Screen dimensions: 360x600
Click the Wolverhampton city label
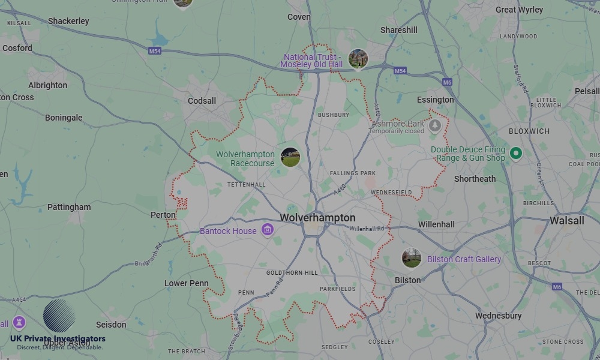(x=317, y=218)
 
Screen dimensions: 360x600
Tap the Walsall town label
(x=566, y=220)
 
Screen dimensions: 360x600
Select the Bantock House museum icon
(x=268, y=230)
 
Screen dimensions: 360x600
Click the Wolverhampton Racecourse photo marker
(x=290, y=157)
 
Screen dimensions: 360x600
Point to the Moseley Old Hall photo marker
(x=358, y=59)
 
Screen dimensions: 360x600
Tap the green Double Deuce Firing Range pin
(x=515, y=154)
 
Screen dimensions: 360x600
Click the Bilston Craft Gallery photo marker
(x=411, y=259)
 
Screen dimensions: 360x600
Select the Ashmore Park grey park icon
(x=435, y=126)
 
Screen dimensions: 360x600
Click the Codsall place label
(x=202, y=101)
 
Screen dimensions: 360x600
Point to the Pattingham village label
(x=69, y=207)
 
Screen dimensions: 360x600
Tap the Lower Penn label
(x=187, y=283)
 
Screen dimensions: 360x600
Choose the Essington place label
(x=436, y=100)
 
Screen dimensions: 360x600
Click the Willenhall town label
(x=436, y=224)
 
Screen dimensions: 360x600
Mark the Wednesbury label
(x=498, y=316)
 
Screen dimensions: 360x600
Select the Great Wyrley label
(x=519, y=10)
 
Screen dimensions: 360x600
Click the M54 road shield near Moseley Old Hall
(x=400, y=71)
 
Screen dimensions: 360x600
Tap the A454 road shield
(x=18, y=299)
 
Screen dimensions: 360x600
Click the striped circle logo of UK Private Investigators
(x=59, y=316)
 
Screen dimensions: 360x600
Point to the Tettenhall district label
(x=246, y=185)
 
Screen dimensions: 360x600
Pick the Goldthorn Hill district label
(x=292, y=272)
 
